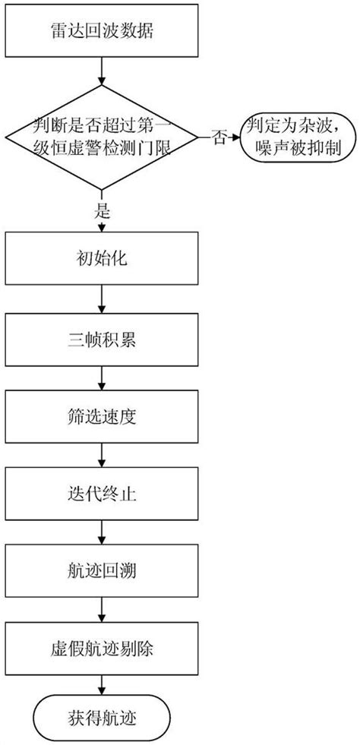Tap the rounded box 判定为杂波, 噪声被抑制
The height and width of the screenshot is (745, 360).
(297, 137)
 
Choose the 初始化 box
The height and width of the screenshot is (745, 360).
(102, 260)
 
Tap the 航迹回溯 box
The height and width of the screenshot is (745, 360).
(102, 570)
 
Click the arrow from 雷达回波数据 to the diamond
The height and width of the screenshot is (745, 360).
(102, 74)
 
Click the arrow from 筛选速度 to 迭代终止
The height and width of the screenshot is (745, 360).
(102, 453)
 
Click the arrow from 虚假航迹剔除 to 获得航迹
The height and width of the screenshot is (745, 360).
(102, 686)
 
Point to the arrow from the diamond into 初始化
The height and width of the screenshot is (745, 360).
(102, 226)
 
